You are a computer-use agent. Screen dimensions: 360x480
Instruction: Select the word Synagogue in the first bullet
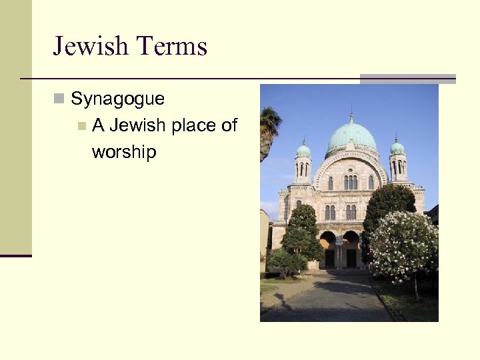point(117,99)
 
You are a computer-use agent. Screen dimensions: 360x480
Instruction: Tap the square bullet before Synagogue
point(59,99)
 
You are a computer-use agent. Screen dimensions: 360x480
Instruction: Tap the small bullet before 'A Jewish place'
point(81,125)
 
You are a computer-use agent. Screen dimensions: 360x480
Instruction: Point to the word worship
point(124,152)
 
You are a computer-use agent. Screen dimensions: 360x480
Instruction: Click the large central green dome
point(351,136)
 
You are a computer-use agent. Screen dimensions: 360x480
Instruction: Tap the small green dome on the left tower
point(303,150)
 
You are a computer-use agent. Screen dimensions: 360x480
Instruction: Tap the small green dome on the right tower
point(397,147)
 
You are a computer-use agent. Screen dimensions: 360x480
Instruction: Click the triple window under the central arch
point(351,182)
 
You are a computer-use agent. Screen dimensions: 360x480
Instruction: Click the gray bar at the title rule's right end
point(407,79)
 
